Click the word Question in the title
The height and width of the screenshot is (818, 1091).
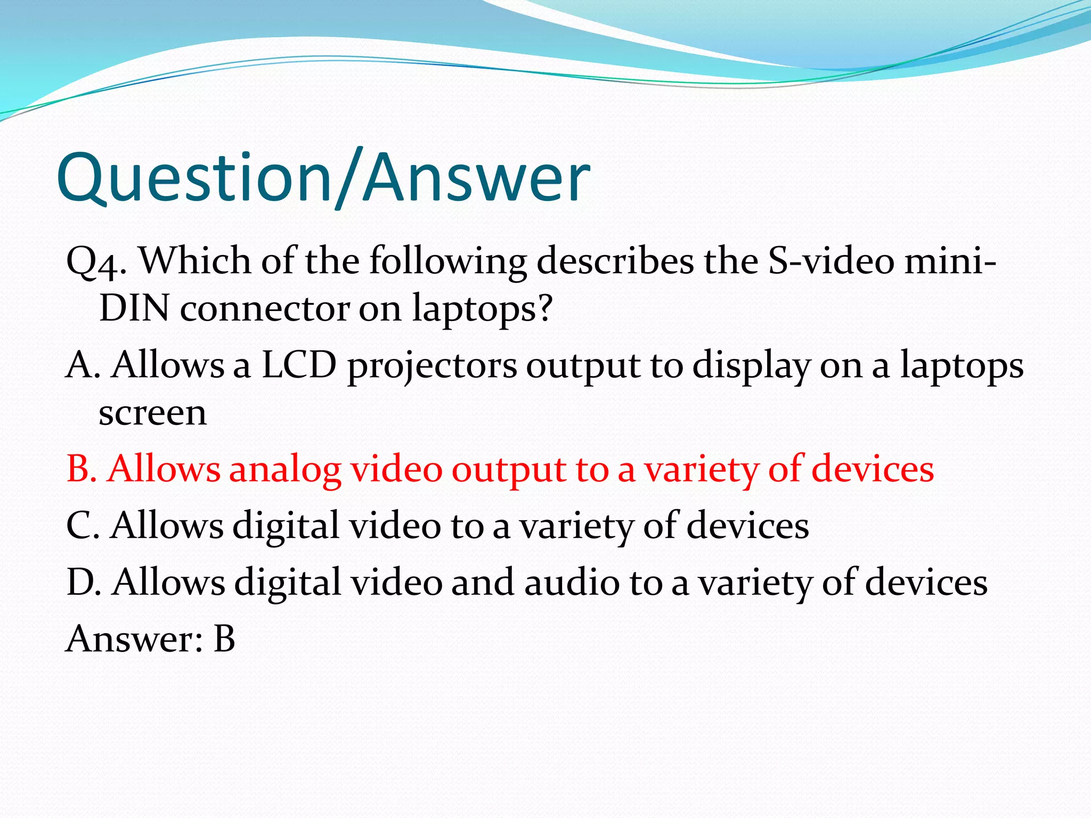tap(194, 178)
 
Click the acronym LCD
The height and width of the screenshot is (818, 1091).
tap(299, 365)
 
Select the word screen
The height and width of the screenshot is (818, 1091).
tap(153, 413)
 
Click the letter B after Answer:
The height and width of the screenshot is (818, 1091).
tap(224, 639)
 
